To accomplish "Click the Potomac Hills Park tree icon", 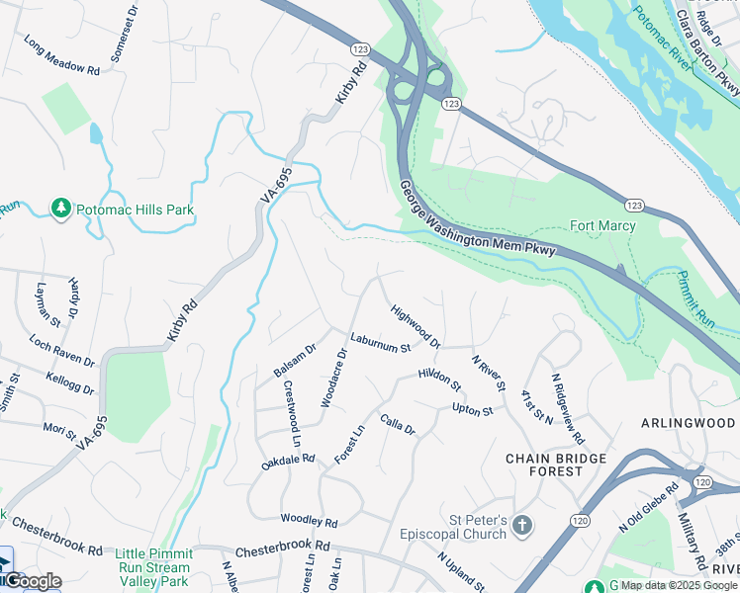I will (61, 209).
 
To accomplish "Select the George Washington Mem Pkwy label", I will (479, 219).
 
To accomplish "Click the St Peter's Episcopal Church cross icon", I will (523, 524).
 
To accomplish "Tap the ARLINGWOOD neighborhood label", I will (689, 423).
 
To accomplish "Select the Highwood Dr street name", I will (416, 326).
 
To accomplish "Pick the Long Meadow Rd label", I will (61, 57).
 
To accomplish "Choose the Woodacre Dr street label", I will (333, 377).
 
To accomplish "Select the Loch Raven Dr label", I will (61, 350).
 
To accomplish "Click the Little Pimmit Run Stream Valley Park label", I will (152, 567).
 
